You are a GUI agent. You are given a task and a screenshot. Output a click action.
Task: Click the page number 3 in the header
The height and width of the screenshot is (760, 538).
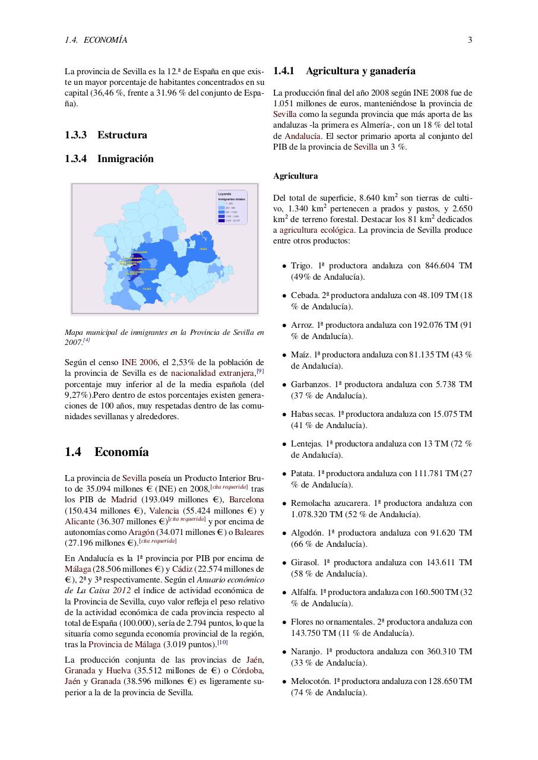click(x=470, y=40)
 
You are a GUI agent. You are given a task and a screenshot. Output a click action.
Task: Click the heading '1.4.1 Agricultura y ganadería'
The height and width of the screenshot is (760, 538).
click(x=344, y=71)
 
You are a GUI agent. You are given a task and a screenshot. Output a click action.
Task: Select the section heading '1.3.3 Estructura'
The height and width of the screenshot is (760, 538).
click(x=106, y=135)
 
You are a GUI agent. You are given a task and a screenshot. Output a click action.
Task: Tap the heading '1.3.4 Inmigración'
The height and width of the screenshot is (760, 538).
click(x=109, y=159)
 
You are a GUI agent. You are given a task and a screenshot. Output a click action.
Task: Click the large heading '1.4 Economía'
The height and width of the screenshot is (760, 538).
click(x=107, y=452)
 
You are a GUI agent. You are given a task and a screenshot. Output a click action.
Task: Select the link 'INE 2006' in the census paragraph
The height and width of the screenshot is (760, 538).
click(x=140, y=362)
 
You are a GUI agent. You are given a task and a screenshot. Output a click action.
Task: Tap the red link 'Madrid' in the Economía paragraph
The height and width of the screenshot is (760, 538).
click(x=124, y=499)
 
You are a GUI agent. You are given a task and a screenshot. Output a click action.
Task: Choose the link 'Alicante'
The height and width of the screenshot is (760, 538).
click(x=80, y=521)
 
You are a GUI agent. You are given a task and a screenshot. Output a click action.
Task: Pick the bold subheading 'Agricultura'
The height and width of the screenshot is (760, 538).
click(x=295, y=176)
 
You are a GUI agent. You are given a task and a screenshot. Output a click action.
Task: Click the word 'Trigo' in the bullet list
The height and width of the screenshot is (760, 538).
click(x=300, y=265)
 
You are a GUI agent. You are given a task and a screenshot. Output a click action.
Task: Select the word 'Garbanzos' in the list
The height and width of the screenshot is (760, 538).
click(x=309, y=384)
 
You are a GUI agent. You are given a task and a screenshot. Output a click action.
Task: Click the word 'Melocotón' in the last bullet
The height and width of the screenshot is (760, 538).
click(x=310, y=681)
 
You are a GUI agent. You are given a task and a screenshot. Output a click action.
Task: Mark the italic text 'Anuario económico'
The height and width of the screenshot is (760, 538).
click(x=230, y=579)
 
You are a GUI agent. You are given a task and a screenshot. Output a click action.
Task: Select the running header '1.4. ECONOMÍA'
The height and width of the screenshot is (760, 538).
click(x=96, y=40)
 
